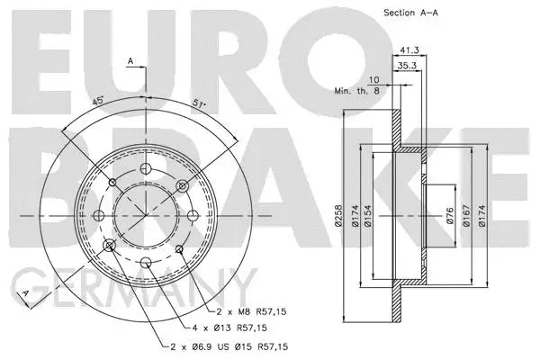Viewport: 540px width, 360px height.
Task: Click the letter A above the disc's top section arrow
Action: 130,61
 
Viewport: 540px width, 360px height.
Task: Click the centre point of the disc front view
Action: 146,215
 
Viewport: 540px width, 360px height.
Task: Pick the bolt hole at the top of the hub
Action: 146,169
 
